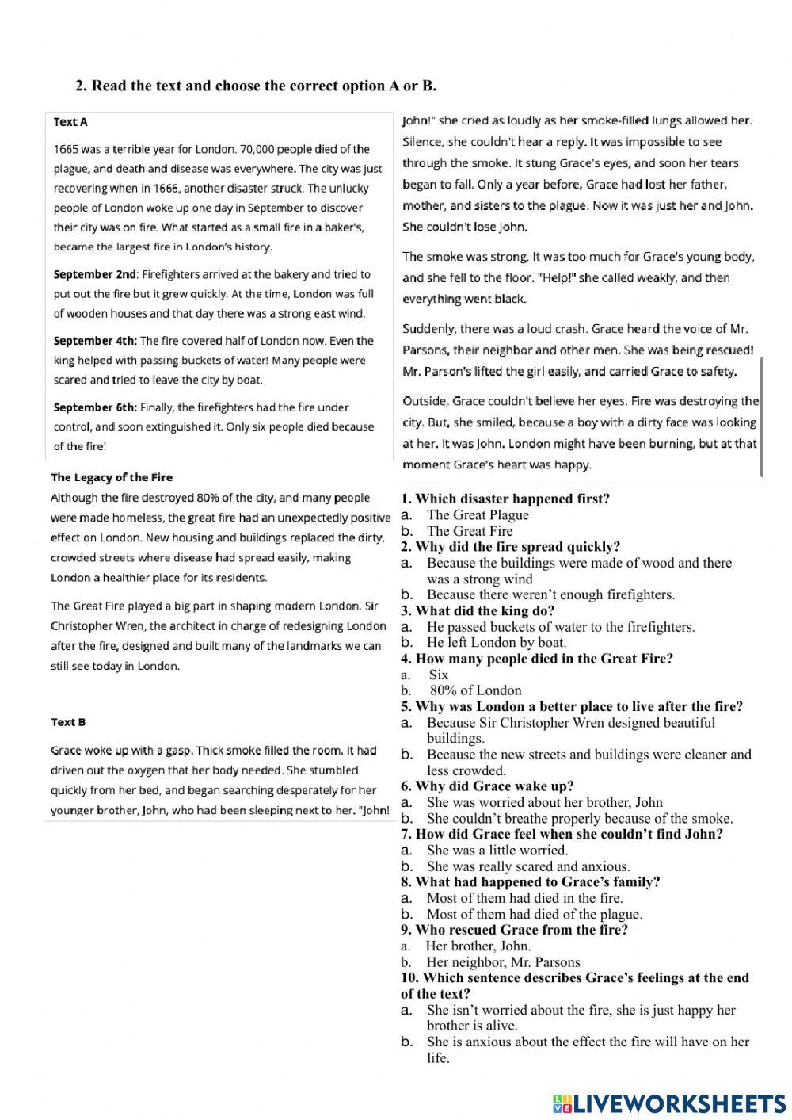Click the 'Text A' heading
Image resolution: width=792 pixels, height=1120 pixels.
(70, 122)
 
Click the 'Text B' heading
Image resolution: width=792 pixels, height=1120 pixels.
(68, 722)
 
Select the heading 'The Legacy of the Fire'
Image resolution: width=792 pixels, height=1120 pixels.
(112, 477)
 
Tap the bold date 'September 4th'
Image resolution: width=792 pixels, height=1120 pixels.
(95, 341)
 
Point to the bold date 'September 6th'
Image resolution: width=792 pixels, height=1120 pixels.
(95, 407)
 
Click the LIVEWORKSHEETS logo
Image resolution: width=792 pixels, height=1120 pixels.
(669, 1103)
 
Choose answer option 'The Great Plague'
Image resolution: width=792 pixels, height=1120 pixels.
(478, 515)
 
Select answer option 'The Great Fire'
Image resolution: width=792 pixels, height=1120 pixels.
(470, 531)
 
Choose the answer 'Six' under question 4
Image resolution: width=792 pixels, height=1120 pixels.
(439, 675)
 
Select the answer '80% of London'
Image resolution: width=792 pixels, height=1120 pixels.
(476, 690)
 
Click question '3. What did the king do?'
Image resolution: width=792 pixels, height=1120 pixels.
(478, 611)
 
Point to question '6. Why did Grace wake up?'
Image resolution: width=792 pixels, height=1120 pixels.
(487, 786)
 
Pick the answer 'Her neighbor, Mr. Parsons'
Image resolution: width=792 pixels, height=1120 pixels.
(503, 962)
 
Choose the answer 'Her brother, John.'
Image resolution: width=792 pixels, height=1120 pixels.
(478, 946)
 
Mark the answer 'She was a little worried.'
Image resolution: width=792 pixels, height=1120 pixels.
(497, 851)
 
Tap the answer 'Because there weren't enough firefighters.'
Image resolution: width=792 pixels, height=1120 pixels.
(550, 594)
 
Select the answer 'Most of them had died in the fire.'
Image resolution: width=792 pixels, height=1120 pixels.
(524, 898)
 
